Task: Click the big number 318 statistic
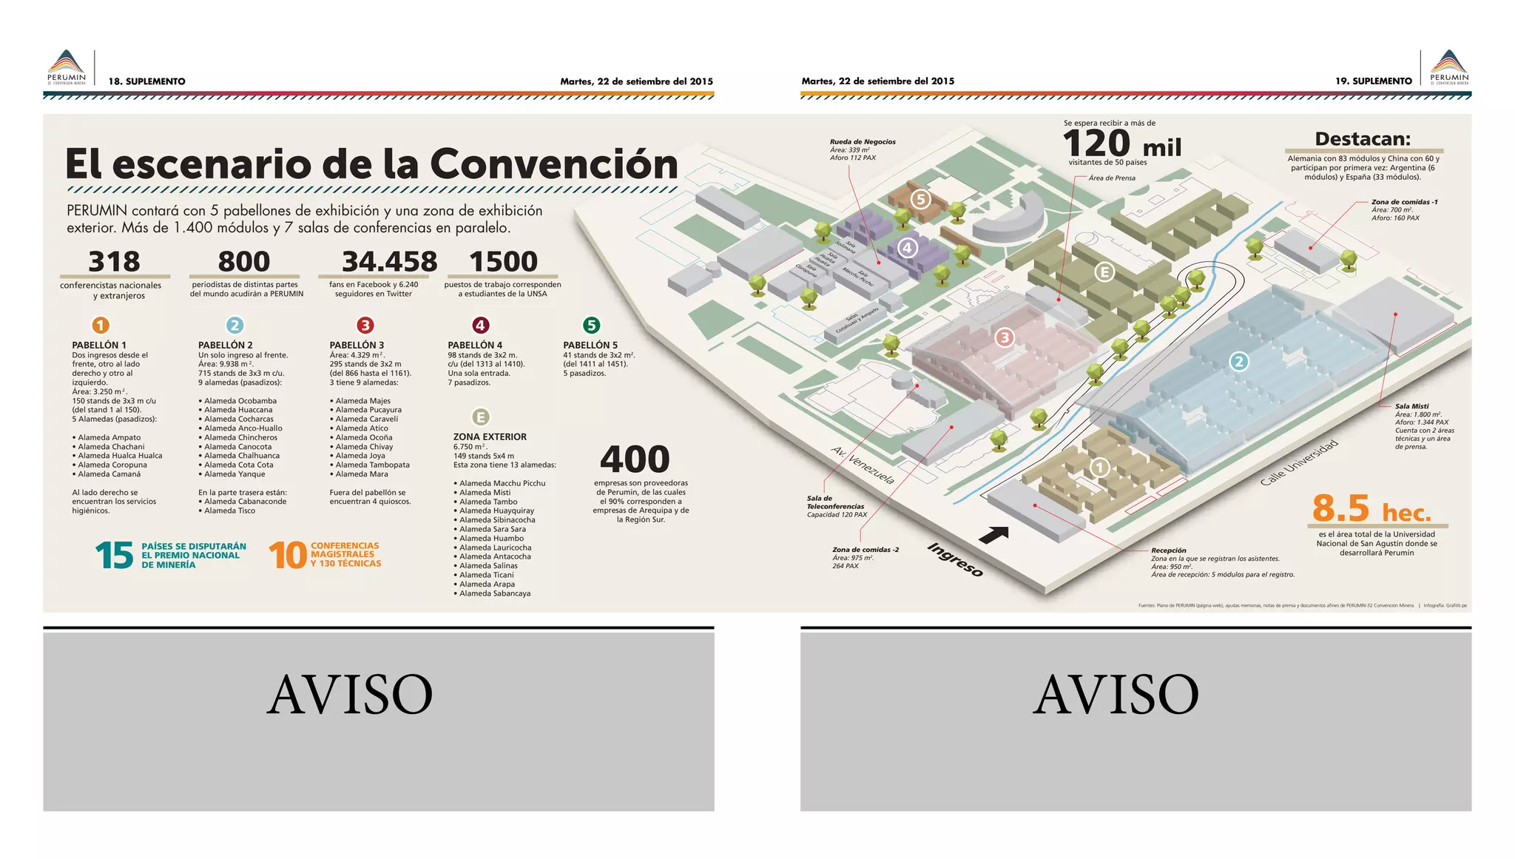[x=114, y=262]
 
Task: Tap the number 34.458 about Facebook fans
[x=389, y=262]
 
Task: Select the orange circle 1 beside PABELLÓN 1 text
[x=101, y=325]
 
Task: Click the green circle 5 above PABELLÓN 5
[x=590, y=325]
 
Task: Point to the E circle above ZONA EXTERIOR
[x=480, y=417]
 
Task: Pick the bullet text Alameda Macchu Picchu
[x=502, y=483]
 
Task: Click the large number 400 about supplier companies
[x=635, y=459]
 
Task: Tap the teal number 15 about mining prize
[x=114, y=556]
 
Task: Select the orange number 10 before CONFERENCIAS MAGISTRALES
[x=287, y=556]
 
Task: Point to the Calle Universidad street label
[x=1299, y=463]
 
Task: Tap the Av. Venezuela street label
[x=863, y=465]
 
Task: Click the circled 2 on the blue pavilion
[x=1239, y=362]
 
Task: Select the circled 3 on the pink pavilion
[x=1004, y=338]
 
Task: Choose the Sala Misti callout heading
[x=1411, y=406]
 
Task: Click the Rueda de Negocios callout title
[x=862, y=141]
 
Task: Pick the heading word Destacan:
[x=1363, y=139]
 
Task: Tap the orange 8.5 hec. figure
[x=1371, y=510]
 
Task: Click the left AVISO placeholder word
[x=349, y=695]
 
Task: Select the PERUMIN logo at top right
[x=1449, y=67]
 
